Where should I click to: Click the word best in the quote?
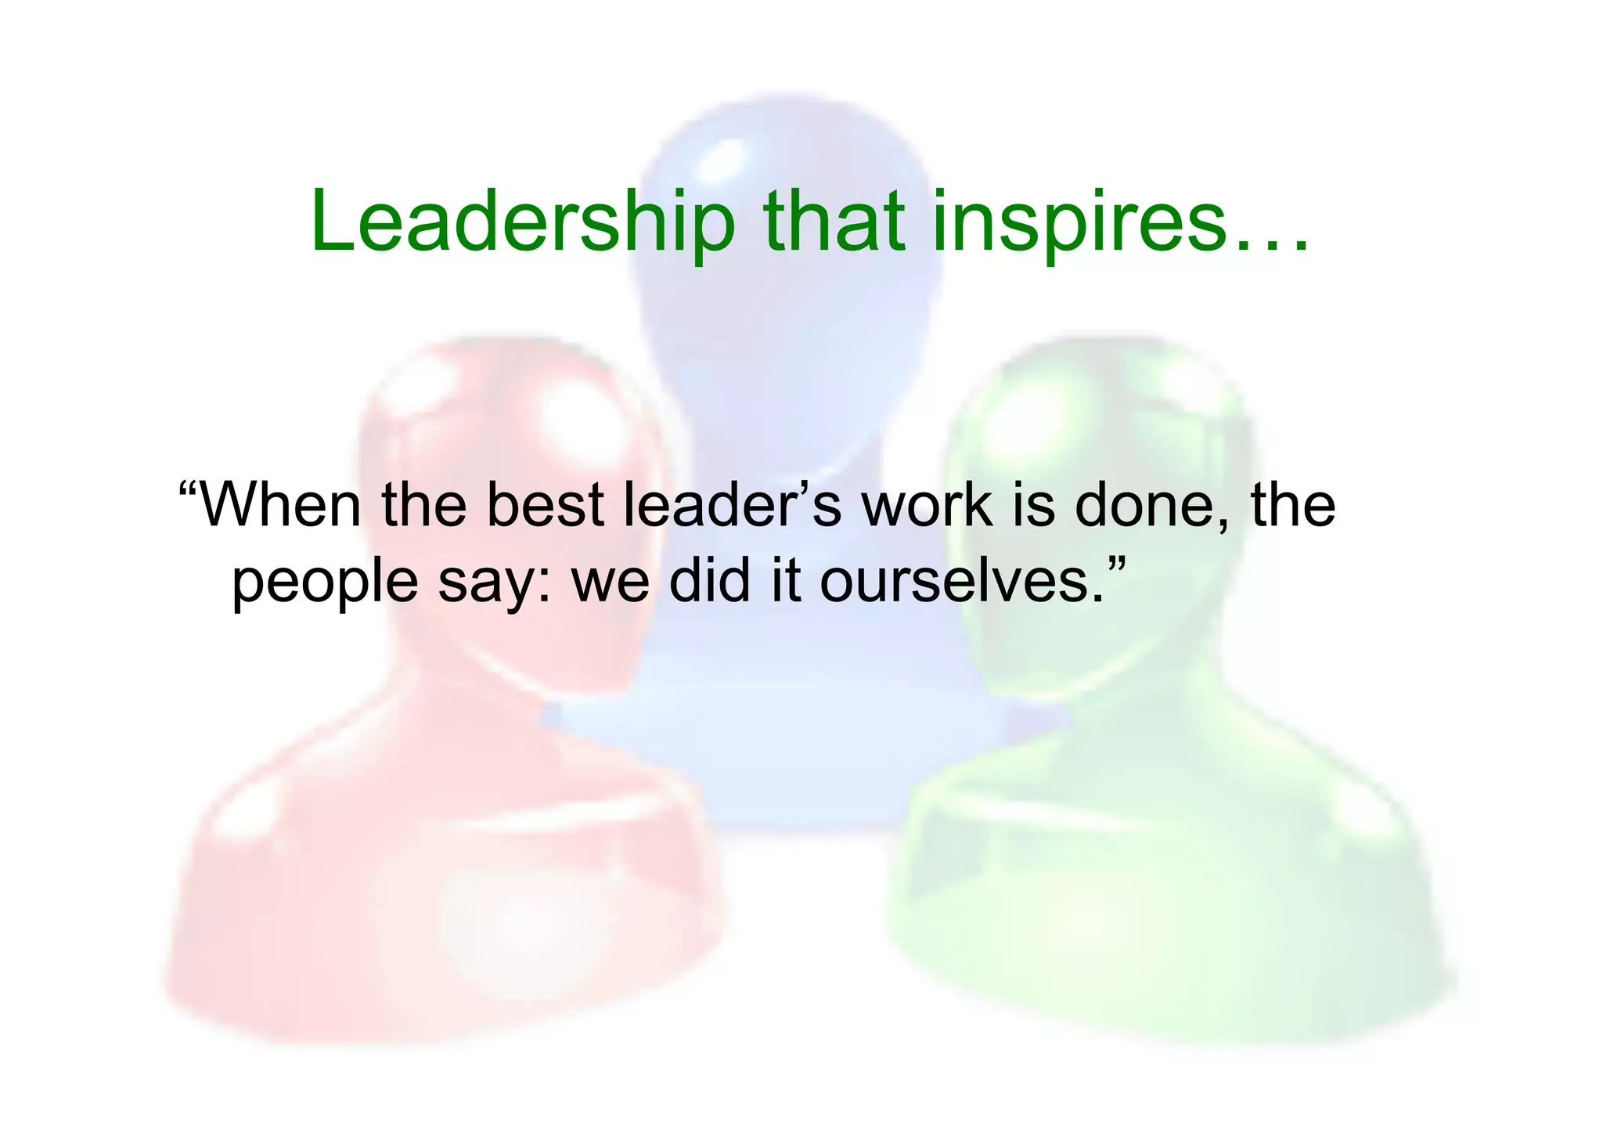pos(545,505)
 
